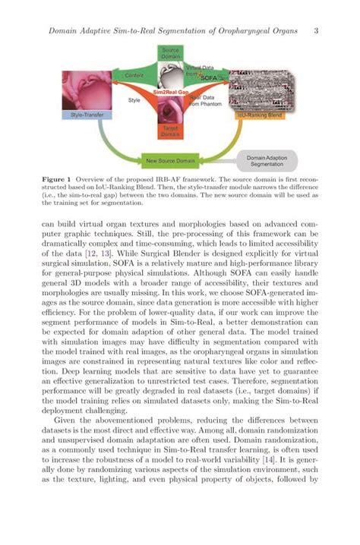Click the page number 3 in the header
coord(315,30)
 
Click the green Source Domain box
coord(171,53)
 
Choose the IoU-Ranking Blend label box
coord(255,115)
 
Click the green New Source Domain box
coord(172,160)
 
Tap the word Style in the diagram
coord(134,99)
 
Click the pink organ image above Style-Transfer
coord(85,87)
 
